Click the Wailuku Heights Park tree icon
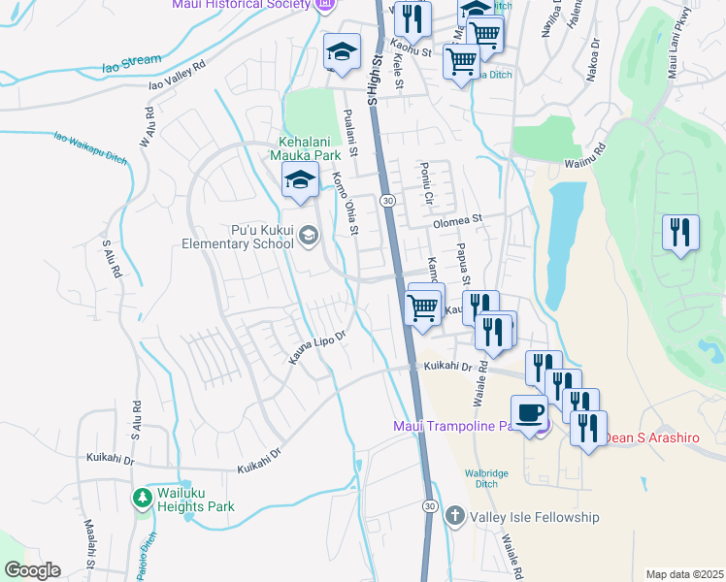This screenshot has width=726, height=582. (x=142, y=498)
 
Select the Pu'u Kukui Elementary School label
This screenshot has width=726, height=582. (x=237, y=237)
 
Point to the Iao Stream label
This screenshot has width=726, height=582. (x=132, y=63)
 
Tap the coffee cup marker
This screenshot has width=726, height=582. (x=529, y=413)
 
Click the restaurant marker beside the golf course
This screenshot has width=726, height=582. (x=679, y=232)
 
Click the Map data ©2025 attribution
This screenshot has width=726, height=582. (x=684, y=574)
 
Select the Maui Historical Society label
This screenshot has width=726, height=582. (x=239, y=5)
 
